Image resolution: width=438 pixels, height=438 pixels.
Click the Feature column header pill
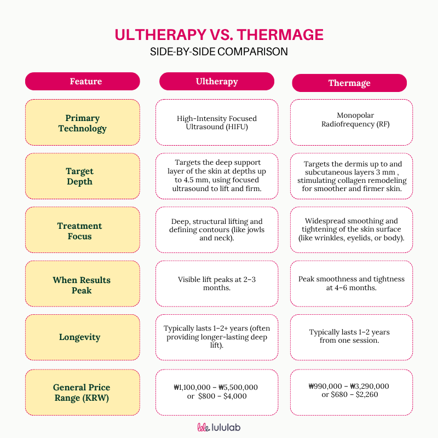pyautogui.click(x=83, y=82)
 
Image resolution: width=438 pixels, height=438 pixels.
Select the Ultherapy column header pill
pyautogui.click(x=217, y=82)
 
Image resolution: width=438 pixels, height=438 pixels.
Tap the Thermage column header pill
pyautogui.click(x=349, y=83)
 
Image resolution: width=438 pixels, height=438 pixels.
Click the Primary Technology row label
pyautogui.click(x=83, y=123)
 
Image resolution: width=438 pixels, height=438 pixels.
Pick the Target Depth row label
pyautogui.click(x=80, y=176)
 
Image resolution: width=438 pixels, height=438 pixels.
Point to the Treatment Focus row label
pyautogui.click(x=80, y=230)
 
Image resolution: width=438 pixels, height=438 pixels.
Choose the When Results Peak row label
pyautogui.click(x=82, y=285)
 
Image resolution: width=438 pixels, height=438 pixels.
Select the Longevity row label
pyautogui.click(x=80, y=337)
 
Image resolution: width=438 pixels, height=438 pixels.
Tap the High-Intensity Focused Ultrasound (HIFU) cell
pyautogui.click(x=217, y=123)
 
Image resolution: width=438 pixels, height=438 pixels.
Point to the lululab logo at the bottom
pyautogui.click(x=219, y=427)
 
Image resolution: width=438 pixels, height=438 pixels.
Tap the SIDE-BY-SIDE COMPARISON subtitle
pyautogui.click(x=219, y=52)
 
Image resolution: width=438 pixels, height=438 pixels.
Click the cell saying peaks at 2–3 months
pyautogui.click(x=217, y=284)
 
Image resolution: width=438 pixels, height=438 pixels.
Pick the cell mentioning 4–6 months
pyautogui.click(x=351, y=283)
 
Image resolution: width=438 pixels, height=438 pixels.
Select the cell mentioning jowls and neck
pyautogui.click(x=217, y=230)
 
